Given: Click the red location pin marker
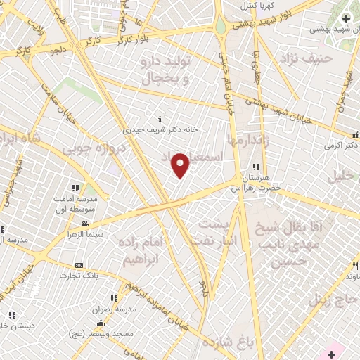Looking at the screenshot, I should point(181,165).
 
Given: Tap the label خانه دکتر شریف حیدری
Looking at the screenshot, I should point(161,129).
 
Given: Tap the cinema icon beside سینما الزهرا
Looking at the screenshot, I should point(84,224).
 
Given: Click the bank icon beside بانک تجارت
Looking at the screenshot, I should point(78,266).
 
